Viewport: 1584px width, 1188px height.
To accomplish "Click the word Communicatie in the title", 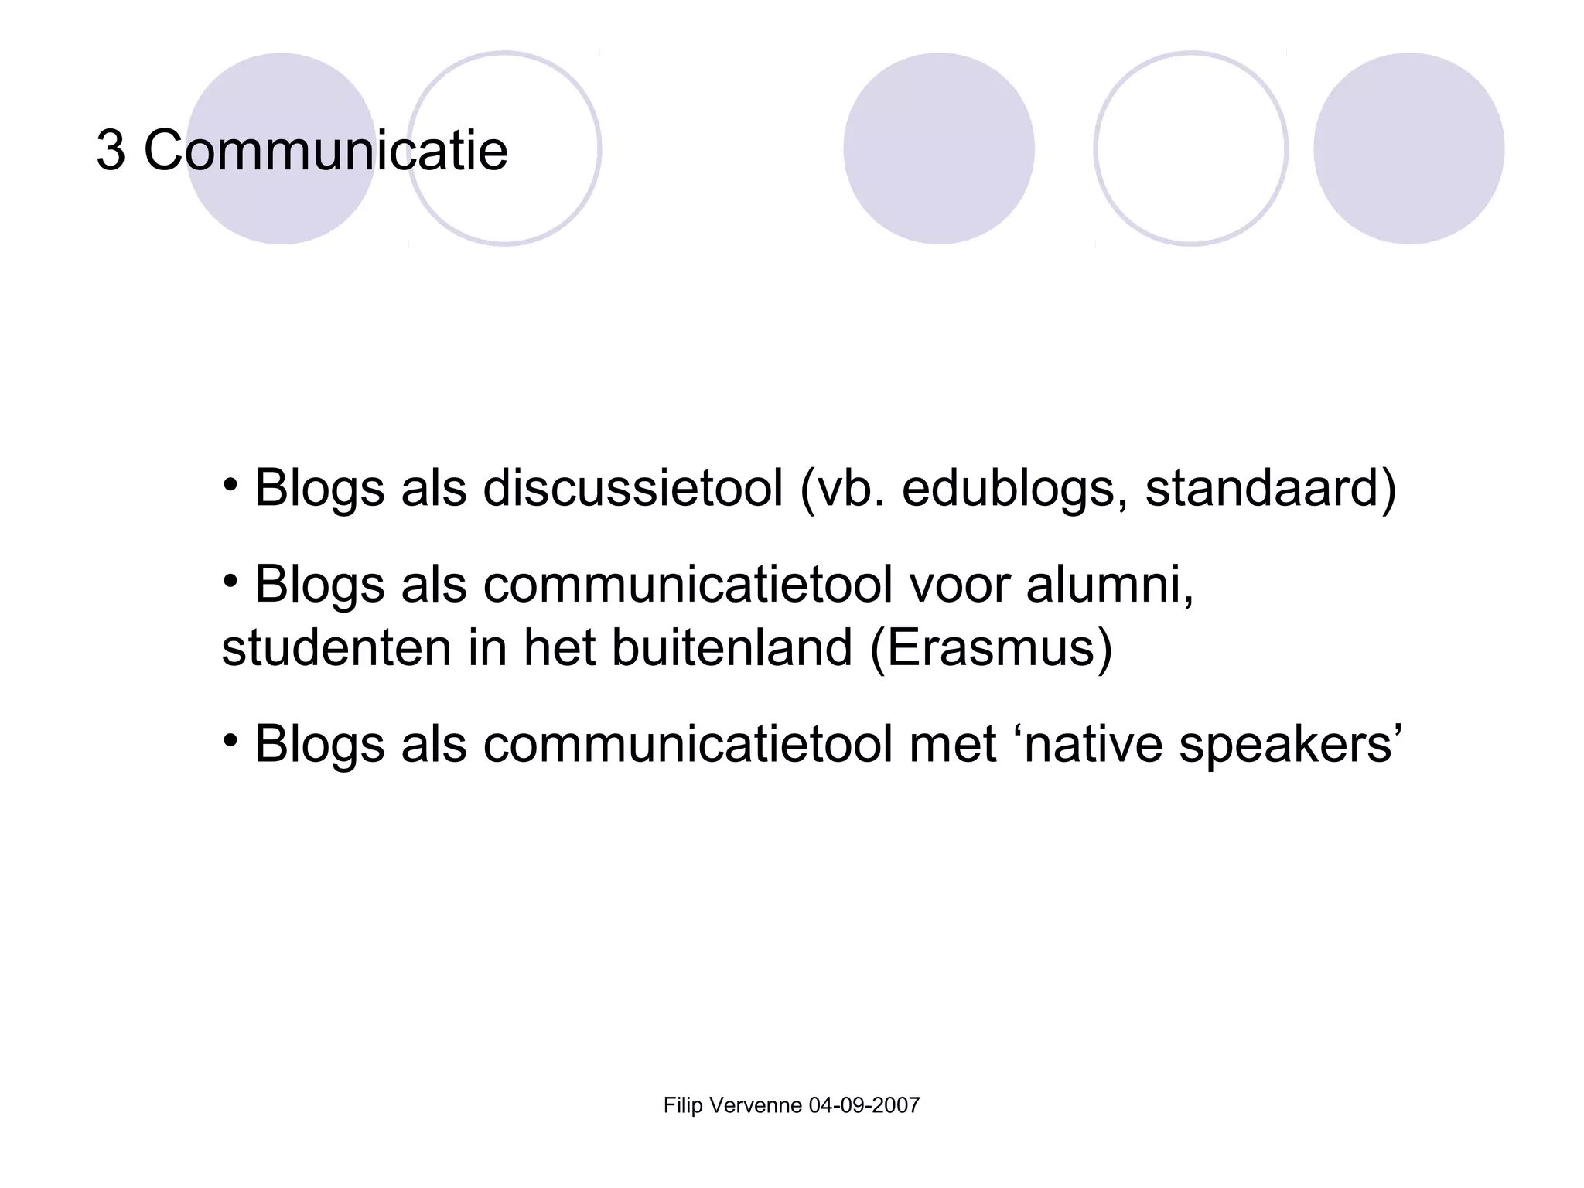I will (x=326, y=150).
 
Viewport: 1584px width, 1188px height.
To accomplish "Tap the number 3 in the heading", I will (x=111, y=150).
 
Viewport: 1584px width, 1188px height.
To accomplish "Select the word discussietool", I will (x=633, y=488).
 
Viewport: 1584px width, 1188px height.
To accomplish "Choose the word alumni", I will (x=1109, y=585).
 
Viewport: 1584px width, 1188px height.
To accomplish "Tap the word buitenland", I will (x=732, y=648).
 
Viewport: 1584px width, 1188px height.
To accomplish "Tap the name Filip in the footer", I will (x=683, y=1106).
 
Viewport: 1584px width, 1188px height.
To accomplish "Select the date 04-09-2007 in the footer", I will (x=864, y=1106).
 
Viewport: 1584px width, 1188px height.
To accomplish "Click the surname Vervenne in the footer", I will (x=756, y=1106).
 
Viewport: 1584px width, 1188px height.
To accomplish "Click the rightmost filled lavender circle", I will (x=1408, y=148).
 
